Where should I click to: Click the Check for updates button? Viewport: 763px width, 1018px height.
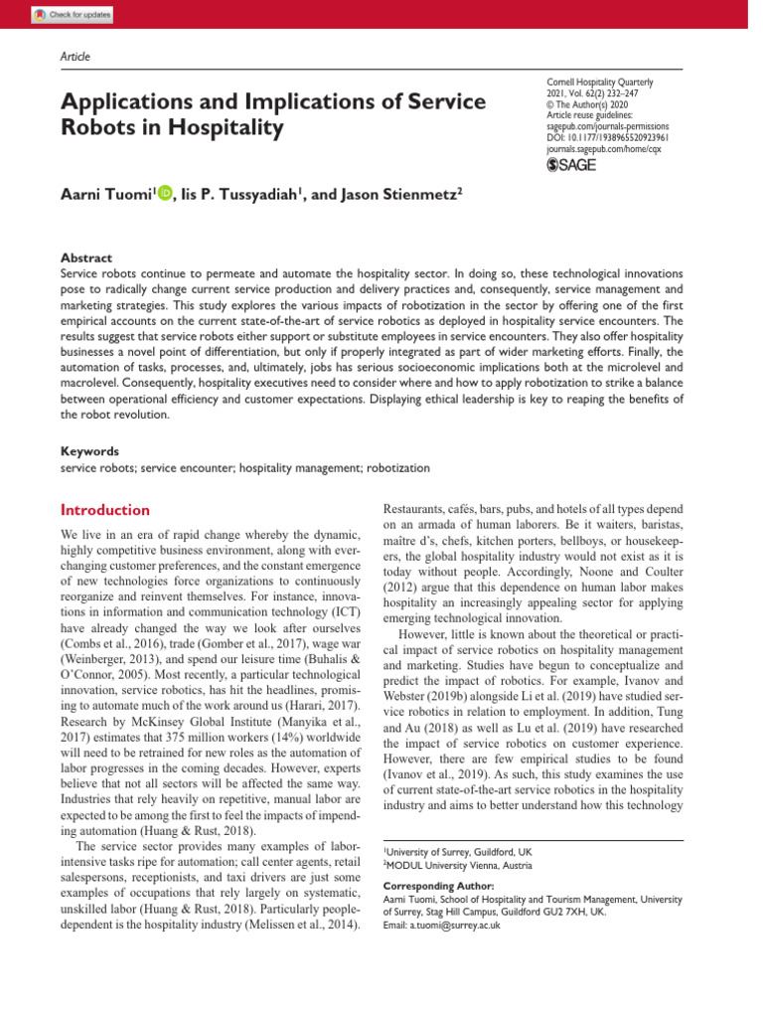(x=73, y=14)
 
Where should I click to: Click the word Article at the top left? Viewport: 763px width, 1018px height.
(x=76, y=57)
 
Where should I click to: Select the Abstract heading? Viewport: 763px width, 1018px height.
(x=86, y=256)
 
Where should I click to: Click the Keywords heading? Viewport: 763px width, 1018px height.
(x=90, y=450)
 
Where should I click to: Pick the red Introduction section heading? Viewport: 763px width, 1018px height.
(x=105, y=510)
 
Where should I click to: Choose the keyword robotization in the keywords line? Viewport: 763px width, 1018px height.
(x=400, y=466)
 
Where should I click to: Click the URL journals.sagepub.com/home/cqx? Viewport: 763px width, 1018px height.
(x=607, y=150)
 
